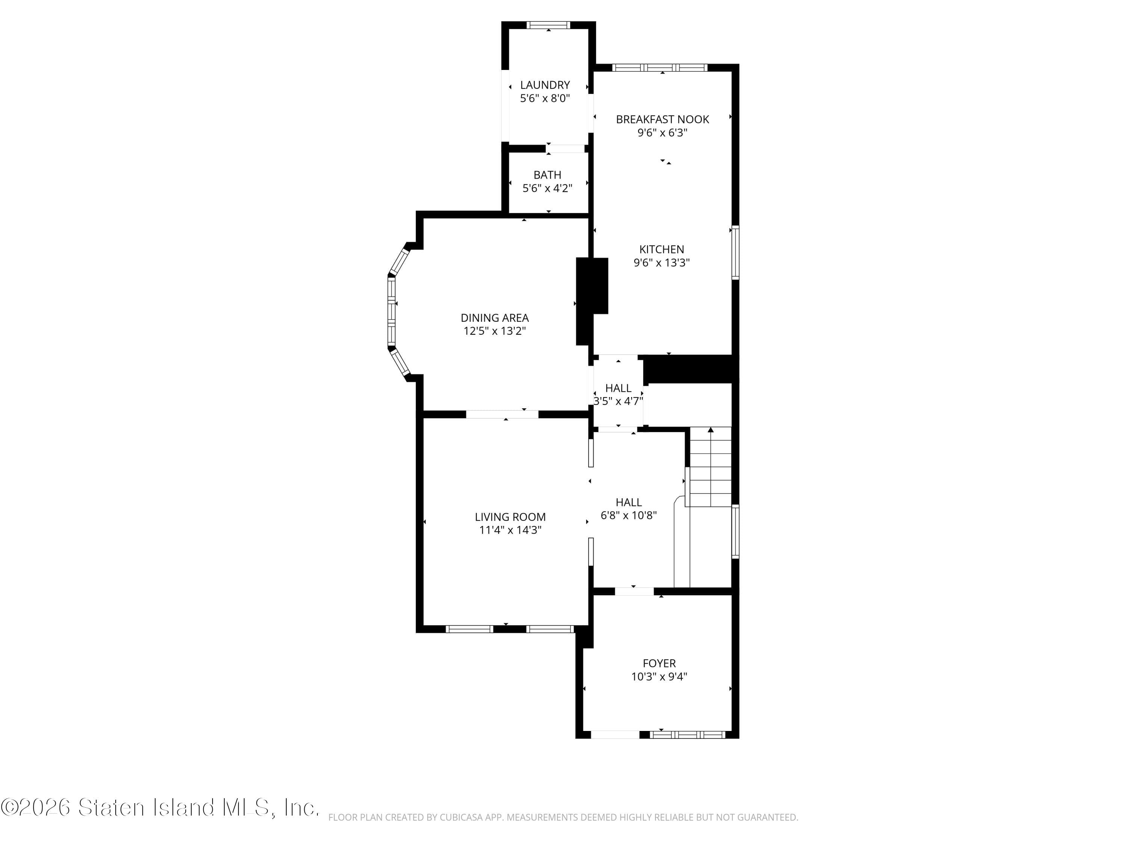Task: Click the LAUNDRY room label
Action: [545, 85]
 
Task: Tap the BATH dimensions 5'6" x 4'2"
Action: [547, 188]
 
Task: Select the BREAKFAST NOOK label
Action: [662, 119]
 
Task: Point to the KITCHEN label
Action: [661, 249]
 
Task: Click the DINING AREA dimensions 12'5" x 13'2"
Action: [494, 331]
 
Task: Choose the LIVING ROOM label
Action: [510, 517]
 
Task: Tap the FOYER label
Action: [659, 663]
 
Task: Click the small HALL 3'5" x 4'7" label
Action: [618, 388]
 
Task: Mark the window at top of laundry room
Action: [548, 25]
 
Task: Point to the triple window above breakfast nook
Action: [659, 67]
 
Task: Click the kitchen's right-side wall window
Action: [735, 252]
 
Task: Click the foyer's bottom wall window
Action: [687, 735]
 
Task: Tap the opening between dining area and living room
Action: [502, 414]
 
